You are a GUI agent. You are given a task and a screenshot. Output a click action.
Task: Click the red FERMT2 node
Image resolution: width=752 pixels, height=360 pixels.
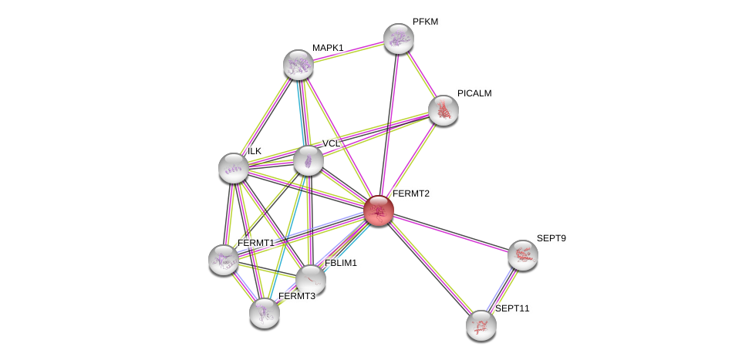pyautogui.click(x=379, y=210)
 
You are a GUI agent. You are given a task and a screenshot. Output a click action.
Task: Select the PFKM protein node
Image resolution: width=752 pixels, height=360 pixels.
pyautogui.click(x=399, y=39)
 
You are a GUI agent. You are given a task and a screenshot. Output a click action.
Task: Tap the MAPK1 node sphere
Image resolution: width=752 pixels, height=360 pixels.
pyautogui.click(x=298, y=65)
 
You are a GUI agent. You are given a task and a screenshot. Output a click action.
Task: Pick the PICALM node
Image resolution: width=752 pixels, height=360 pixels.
pyautogui.click(x=443, y=110)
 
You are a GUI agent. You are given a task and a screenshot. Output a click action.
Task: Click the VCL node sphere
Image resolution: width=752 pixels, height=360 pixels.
pyautogui.click(x=309, y=160)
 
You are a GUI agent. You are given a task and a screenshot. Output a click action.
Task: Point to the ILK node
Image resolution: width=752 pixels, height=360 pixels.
pyautogui.click(x=233, y=168)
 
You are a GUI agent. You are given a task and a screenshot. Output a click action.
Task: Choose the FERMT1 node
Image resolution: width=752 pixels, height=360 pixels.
pyautogui.click(x=224, y=260)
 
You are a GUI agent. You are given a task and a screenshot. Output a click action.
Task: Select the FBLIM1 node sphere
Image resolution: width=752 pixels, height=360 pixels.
pyautogui.click(x=311, y=279)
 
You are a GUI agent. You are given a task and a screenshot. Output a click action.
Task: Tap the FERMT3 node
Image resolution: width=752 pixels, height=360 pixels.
pyautogui.click(x=265, y=312)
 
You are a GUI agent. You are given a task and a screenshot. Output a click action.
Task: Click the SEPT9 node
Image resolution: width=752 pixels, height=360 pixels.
pyautogui.click(x=522, y=255)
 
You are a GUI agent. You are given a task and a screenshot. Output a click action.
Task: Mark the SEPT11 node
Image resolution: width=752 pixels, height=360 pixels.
pyautogui.click(x=481, y=325)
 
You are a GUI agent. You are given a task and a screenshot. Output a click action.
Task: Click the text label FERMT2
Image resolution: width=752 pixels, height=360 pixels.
pyautogui.click(x=410, y=193)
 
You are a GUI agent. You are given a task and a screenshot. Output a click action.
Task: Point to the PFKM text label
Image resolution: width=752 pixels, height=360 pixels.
pyautogui.click(x=425, y=22)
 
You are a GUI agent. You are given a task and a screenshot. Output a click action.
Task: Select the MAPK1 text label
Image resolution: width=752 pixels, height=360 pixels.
pyautogui.click(x=328, y=48)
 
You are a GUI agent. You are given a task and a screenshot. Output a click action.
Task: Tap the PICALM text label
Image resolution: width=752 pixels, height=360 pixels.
pyautogui.click(x=474, y=93)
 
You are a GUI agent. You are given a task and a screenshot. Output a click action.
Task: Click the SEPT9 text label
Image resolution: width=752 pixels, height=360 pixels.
pyautogui.click(x=551, y=238)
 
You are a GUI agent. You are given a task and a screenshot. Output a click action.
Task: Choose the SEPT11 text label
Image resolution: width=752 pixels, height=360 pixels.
pyautogui.click(x=512, y=308)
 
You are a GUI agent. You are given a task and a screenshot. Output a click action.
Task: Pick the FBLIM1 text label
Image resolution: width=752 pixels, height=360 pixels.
pyautogui.click(x=340, y=263)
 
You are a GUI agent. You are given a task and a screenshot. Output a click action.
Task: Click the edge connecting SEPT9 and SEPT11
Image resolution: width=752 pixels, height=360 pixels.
pyautogui.click(x=502, y=290)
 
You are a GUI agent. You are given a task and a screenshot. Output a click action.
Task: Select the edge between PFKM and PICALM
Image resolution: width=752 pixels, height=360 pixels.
pyautogui.click(x=421, y=74)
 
